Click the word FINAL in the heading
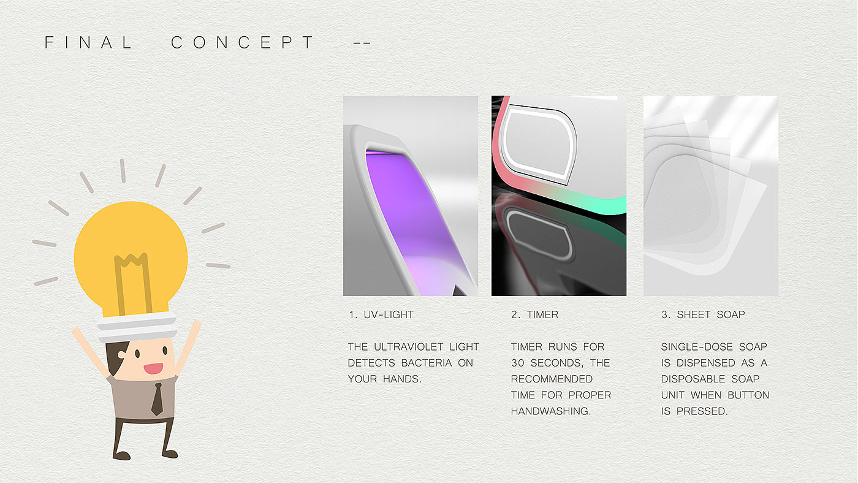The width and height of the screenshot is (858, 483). point(88,42)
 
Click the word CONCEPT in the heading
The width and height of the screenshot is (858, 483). point(243,42)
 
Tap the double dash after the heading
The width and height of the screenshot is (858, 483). point(362,43)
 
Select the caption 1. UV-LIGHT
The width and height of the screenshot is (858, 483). point(381,315)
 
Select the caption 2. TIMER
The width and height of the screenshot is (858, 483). point(534,315)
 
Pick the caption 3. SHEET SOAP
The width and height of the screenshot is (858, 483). point(704,315)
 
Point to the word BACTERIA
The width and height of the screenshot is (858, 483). point(427,363)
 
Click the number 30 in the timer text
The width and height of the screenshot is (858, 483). point(517,363)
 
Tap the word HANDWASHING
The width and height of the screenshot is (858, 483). point(551,411)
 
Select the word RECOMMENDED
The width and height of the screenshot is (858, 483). point(552,379)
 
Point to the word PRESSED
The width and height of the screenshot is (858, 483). point(702,411)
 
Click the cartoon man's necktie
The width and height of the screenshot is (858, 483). point(157,399)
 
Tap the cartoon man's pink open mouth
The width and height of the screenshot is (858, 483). point(153,368)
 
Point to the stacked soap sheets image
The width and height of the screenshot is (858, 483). point(711,196)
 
